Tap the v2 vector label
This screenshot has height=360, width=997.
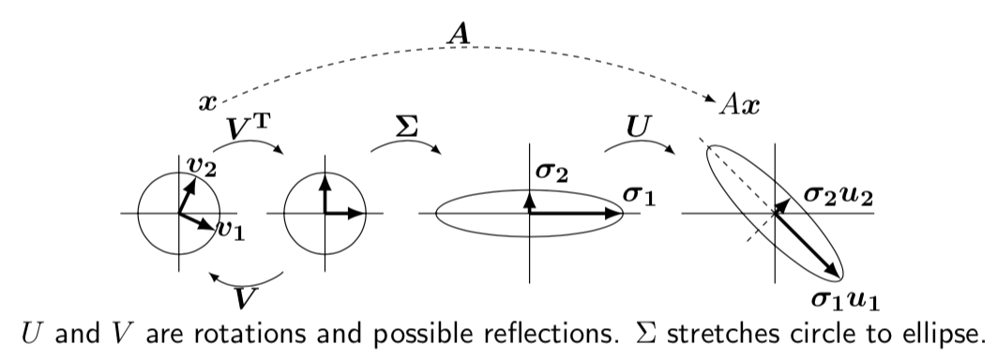tap(199, 166)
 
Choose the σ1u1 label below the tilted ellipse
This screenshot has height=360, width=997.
tap(846, 301)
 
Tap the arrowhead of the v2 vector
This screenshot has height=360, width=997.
tap(191, 182)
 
